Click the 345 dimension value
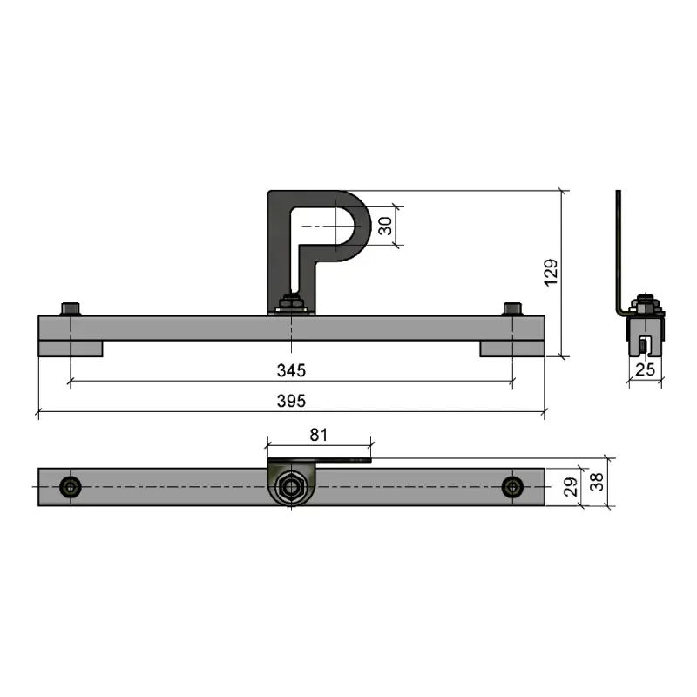(291, 370)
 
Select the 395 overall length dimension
(291, 401)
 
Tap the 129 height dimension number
(551, 273)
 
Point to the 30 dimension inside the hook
(385, 226)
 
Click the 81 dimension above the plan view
(319, 435)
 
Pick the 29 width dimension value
(571, 487)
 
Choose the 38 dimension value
(597, 482)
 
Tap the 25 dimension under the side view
(645, 369)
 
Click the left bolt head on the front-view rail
(71, 309)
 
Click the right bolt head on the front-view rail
(512, 309)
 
